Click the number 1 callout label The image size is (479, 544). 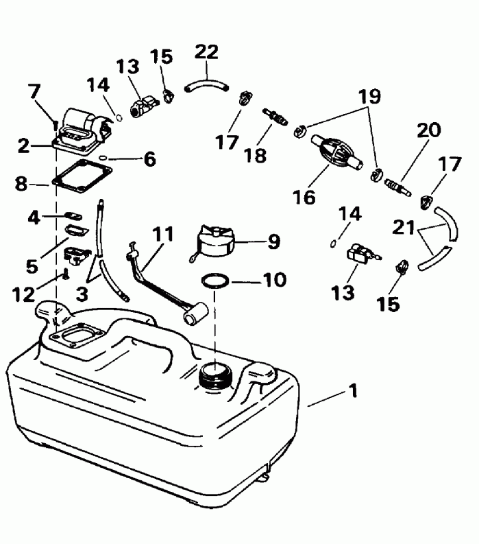pyautogui.click(x=353, y=392)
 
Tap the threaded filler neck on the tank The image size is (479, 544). pyautogui.click(x=217, y=375)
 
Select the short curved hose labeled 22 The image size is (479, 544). pyautogui.click(x=206, y=84)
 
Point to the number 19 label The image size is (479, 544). pyautogui.click(x=369, y=97)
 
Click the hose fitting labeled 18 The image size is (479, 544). pyautogui.click(x=275, y=116)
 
